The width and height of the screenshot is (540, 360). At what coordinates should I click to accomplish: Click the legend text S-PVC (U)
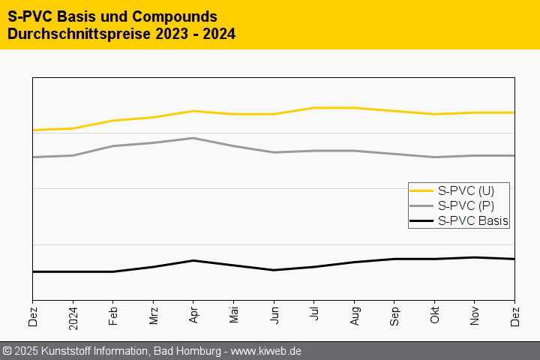465,190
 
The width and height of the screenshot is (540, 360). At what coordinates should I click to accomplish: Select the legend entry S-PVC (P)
465,205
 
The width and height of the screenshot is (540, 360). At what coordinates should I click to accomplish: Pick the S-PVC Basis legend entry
472,220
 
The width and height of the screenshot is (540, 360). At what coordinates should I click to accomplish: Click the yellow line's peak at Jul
314,108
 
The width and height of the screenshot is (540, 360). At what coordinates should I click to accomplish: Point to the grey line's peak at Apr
193,138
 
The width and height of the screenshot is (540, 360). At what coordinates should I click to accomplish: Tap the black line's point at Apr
193,260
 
